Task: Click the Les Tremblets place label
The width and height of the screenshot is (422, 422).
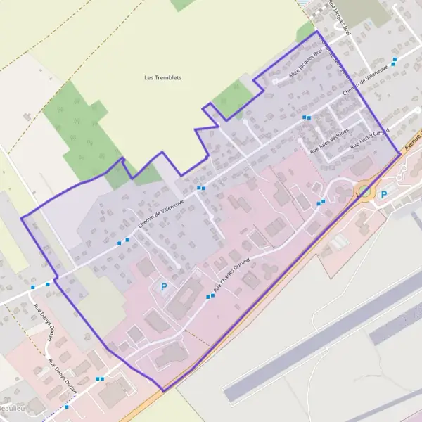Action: click(162, 77)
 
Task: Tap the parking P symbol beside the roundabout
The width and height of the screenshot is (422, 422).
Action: click(384, 195)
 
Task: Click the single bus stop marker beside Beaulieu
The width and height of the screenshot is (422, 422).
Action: click(67, 407)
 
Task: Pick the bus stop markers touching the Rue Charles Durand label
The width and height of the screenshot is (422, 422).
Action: click(210, 297)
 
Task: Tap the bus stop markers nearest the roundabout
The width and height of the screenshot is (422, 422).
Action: click(321, 202)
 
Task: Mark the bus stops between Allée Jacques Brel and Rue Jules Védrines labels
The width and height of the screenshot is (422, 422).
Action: click(306, 117)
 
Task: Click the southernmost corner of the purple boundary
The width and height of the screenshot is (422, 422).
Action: click(164, 391)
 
